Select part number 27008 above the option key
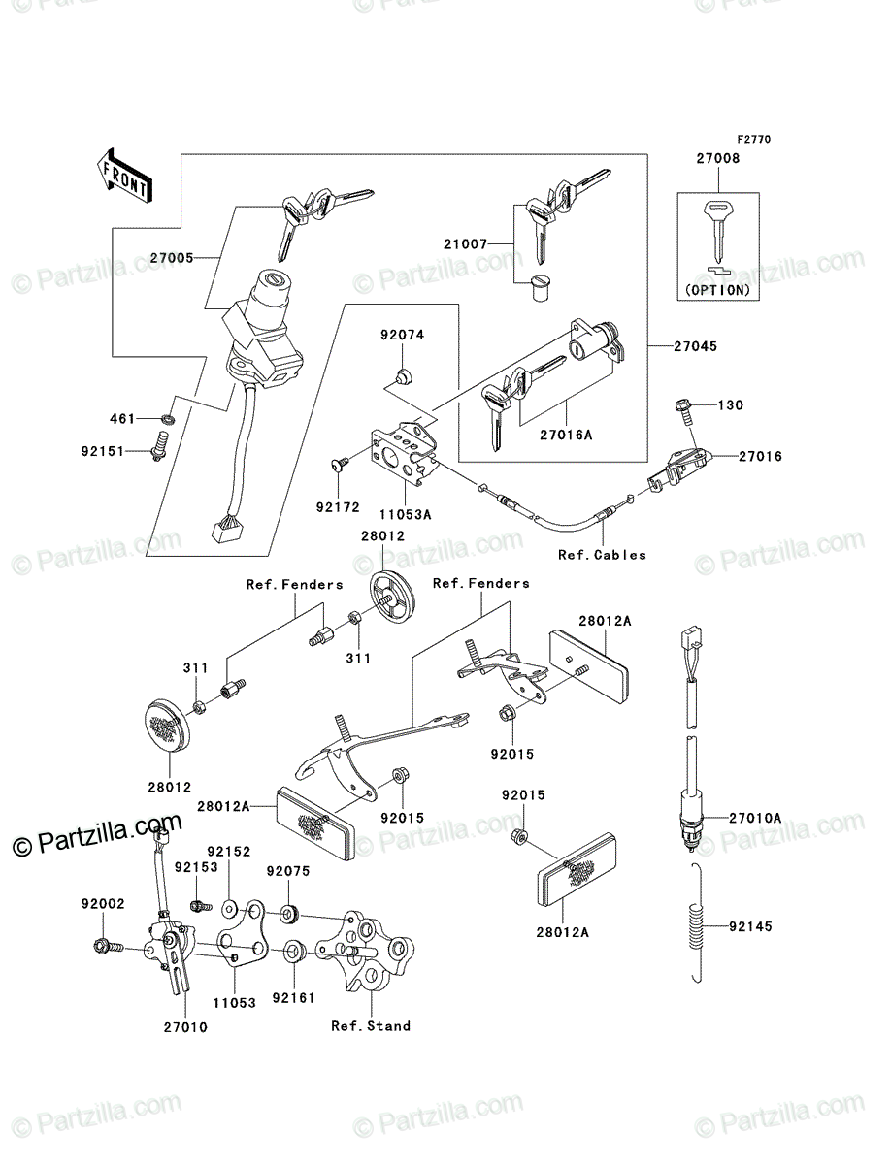point(717,158)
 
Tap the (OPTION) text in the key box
point(717,290)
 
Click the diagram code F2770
point(754,139)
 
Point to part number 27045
point(695,346)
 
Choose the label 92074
point(402,335)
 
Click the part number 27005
point(172,258)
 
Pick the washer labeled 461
point(168,420)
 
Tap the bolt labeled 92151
point(158,446)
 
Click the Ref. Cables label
point(602,555)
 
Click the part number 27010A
point(755,818)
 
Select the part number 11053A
point(406,514)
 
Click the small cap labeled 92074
point(404,377)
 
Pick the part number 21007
point(465,243)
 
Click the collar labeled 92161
point(293,951)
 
